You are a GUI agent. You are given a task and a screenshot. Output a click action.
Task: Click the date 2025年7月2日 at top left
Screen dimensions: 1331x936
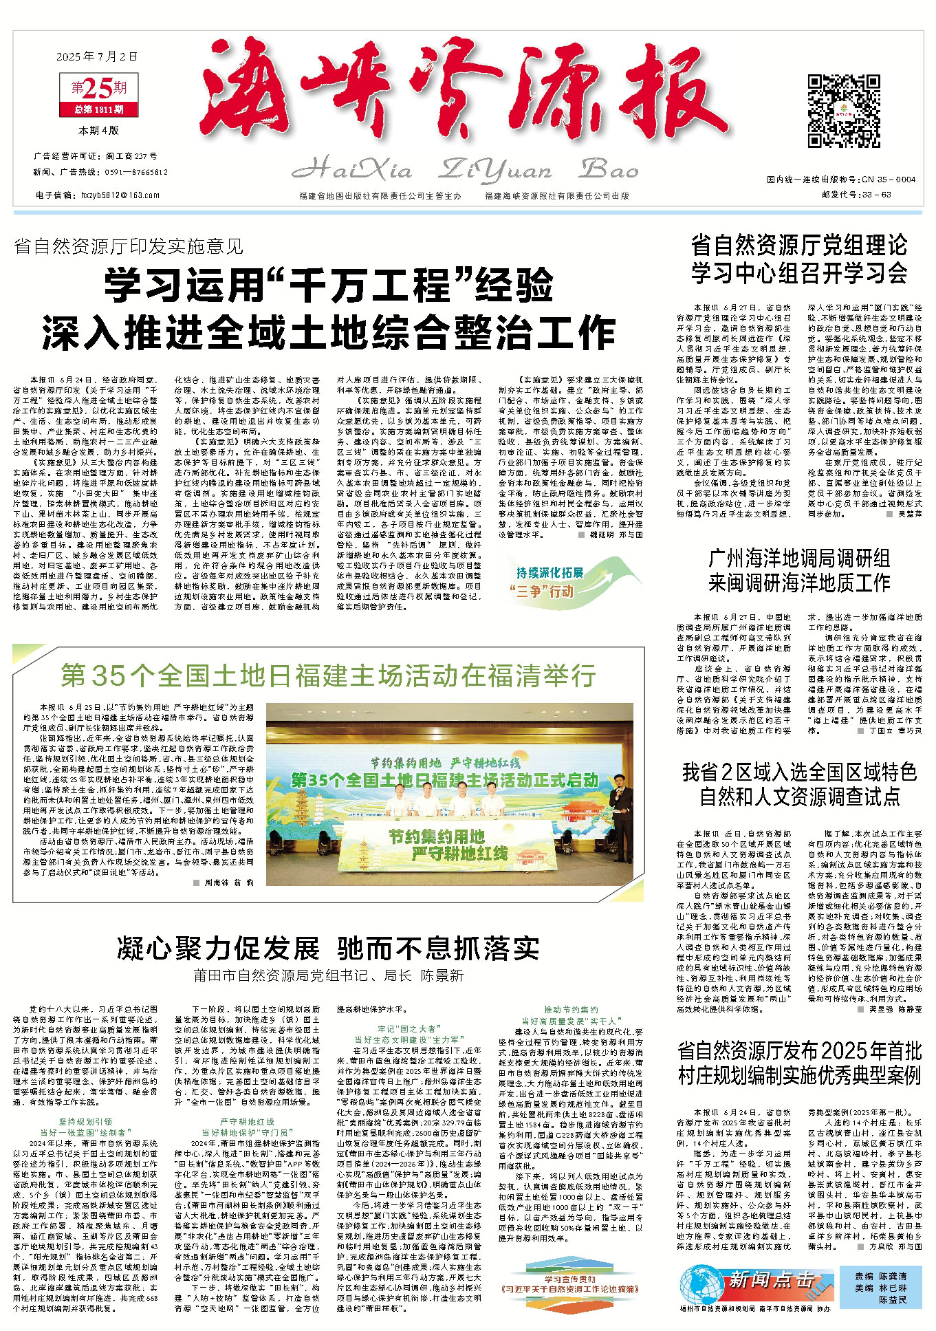(x=97, y=56)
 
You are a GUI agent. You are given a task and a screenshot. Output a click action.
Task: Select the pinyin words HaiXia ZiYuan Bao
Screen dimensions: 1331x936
(x=464, y=169)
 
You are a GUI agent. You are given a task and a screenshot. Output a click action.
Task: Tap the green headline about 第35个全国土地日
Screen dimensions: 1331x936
(x=328, y=675)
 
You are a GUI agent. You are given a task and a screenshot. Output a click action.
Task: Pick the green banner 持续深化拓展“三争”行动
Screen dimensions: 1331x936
(x=554, y=582)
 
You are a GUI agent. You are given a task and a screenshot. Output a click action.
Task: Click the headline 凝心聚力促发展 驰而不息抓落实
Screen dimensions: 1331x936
(x=328, y=949)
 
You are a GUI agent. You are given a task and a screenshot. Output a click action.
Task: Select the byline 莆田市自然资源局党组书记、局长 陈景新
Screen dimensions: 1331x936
(x=328, y=976)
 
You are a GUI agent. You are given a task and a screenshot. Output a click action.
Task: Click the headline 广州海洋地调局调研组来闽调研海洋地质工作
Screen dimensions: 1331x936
(x=799, y=570)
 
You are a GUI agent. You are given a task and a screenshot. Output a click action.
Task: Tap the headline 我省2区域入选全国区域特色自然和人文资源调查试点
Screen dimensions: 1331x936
(x=799, y=784)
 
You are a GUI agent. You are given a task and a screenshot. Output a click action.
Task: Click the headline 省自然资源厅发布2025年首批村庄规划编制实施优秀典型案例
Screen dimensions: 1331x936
(x=799, y=1063)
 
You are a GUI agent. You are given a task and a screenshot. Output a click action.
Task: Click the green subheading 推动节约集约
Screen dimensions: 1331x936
(x=572, y=1009)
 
